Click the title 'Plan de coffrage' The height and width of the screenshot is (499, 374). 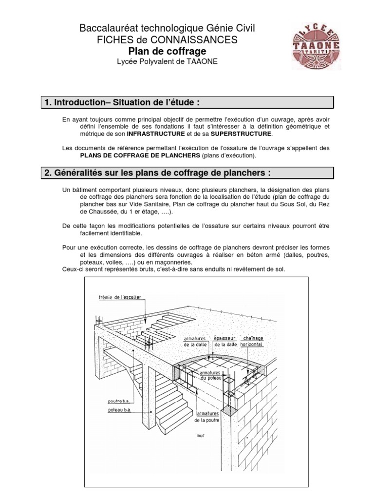click(x=167, y=51)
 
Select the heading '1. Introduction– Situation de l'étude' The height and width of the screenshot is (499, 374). click(x=122, y=102)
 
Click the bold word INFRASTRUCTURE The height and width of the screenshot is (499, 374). click(x=156, y=134)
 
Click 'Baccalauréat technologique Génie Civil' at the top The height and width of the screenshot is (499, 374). click(x=167, y=30)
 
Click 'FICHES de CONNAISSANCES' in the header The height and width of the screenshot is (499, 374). click(x=167, y=40)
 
